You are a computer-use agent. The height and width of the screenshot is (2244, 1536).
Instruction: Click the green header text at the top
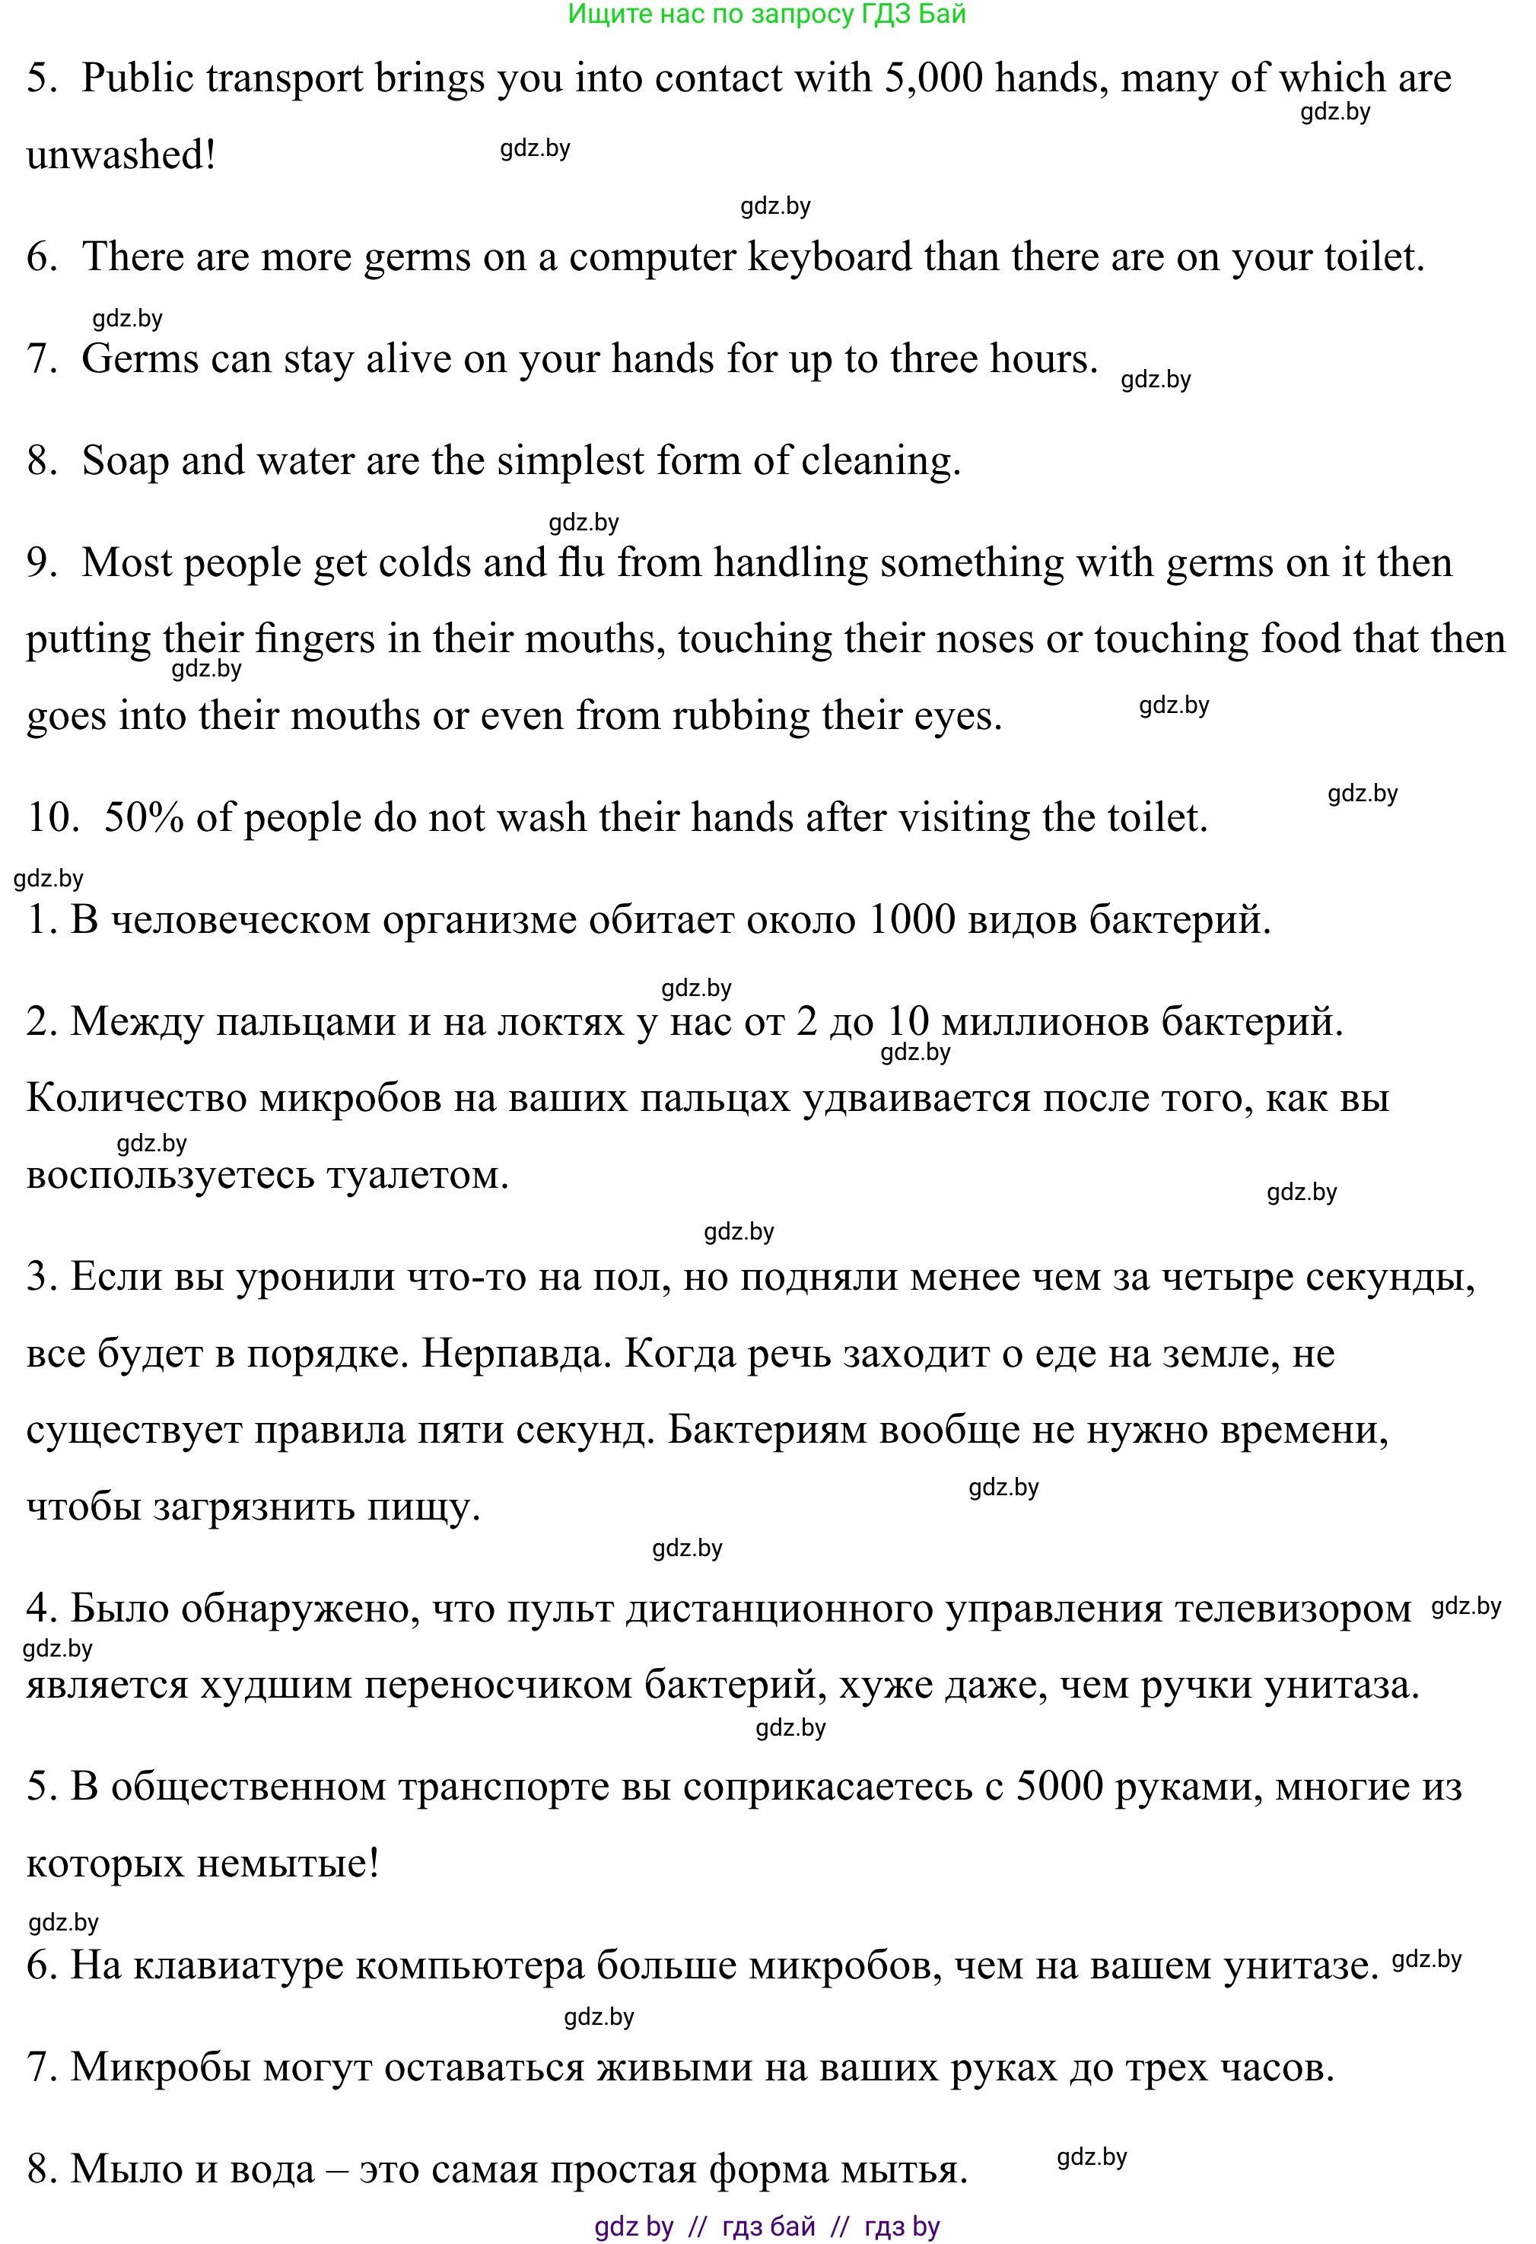[x=767, y=14]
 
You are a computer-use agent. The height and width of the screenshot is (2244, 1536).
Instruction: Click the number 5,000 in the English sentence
[x=933, y=78]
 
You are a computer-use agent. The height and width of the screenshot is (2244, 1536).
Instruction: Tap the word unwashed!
[x=121, y=155]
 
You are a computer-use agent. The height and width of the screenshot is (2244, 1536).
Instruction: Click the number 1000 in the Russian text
[x=911, y=919]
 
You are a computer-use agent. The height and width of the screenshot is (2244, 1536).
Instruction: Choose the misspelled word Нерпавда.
[x=517, y=1354]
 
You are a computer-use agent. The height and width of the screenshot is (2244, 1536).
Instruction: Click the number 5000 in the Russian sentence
[x=1059, y=1787]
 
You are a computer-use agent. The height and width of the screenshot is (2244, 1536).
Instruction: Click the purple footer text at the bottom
[x=767, y=2226]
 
